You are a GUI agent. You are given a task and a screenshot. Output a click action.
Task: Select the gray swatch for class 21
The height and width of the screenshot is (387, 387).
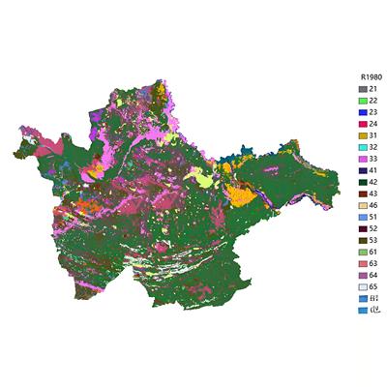(x=363, y=89)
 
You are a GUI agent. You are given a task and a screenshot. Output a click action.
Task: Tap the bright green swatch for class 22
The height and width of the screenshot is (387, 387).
(x=363, y=101)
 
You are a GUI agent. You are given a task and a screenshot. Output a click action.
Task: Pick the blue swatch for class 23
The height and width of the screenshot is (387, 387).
(x=363, y=112)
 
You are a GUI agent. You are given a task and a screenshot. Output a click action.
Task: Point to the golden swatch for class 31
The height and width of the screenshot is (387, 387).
(x=363, y=136)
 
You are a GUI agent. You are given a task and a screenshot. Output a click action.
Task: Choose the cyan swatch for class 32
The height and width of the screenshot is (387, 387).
(x=363, y=148)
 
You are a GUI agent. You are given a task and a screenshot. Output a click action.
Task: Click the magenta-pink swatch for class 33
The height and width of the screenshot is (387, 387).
(x=363, y=160)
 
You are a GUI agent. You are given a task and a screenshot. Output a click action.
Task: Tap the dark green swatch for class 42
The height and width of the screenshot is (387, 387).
(x=363, y=183)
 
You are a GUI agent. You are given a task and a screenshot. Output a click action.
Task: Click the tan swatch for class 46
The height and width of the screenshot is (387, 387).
(x=363, y=207)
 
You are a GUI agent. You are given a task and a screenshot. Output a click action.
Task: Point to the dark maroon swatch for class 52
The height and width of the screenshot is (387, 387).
(x=363, y=230)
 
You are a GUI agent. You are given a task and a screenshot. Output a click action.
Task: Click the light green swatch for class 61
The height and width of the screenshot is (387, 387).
(x=363, y=253)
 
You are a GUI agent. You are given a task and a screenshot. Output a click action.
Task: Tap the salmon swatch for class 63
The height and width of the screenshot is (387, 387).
(x=363, y=265)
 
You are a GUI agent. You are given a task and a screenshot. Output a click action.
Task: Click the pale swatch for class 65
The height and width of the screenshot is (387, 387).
(x=363, y=288)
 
